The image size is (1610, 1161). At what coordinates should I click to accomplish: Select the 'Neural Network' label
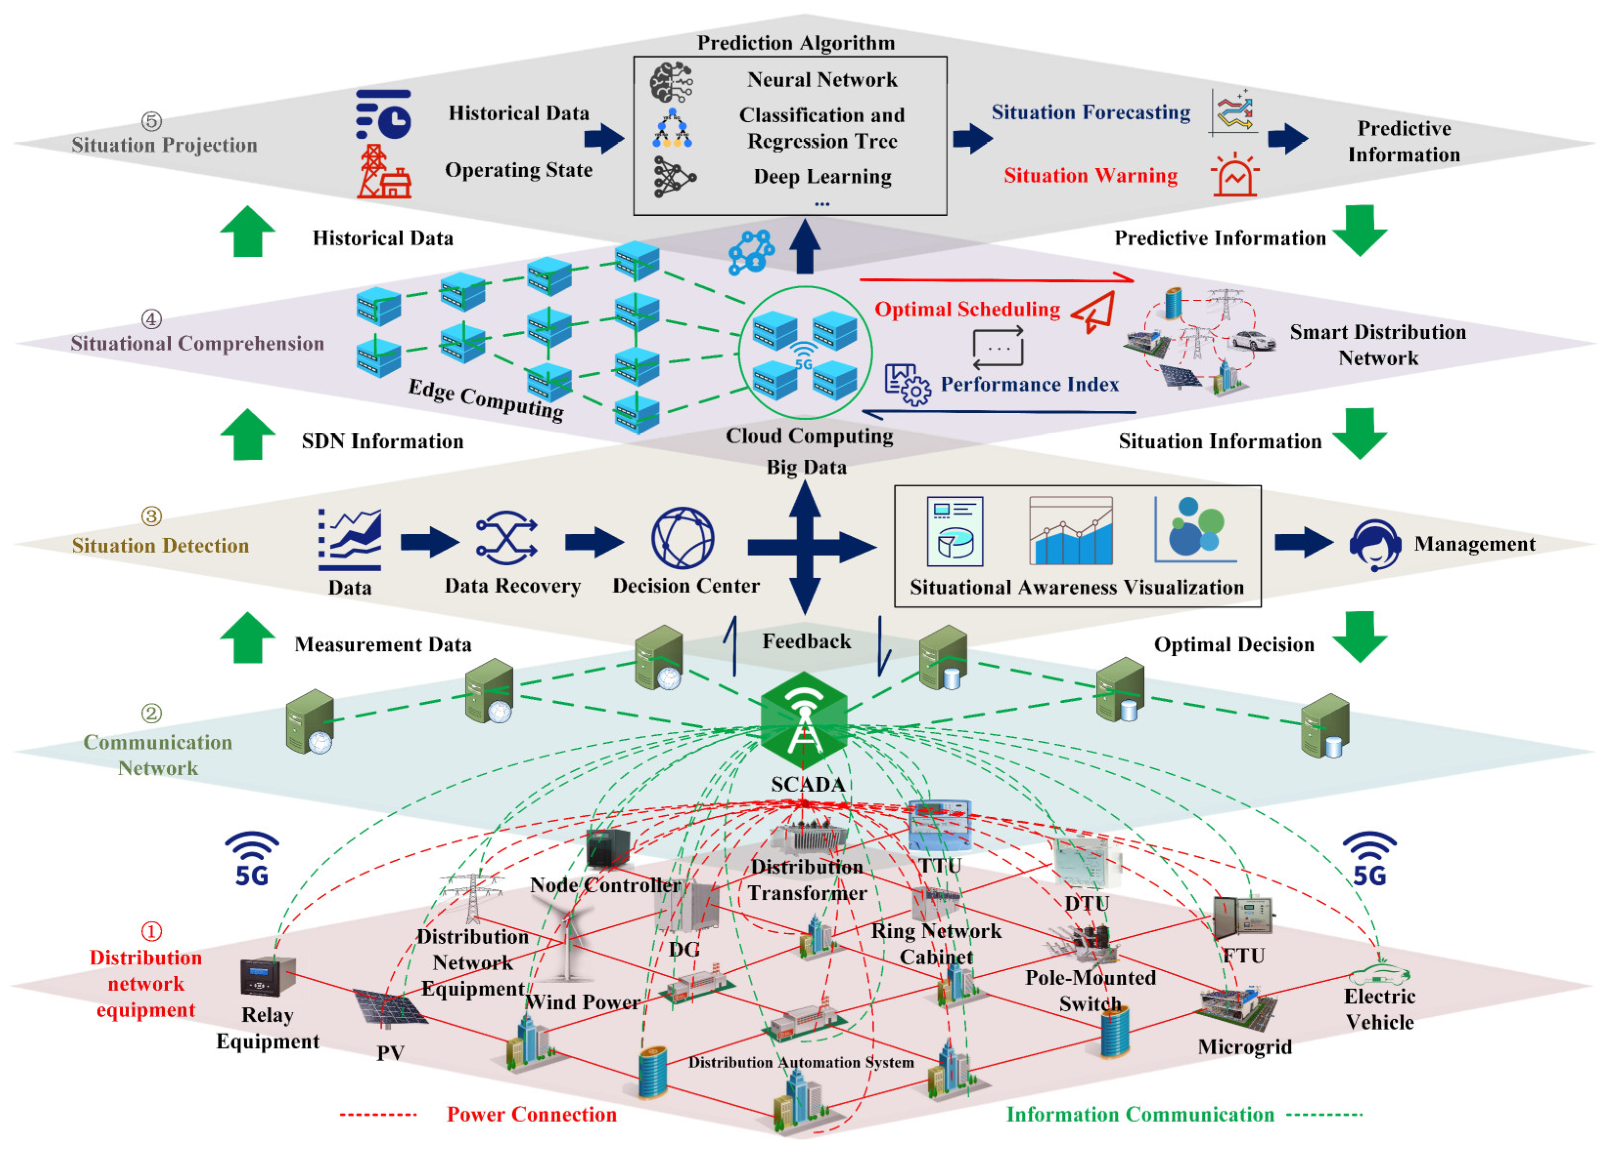pyautogui.click(x=822, y=80)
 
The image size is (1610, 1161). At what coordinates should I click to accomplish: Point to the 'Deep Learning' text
pyautogui.click(x=822, y=176)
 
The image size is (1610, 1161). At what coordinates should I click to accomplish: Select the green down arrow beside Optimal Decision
pyautogui.click(x=1360, y=637)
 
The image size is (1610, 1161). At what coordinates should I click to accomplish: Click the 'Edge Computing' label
pyautogui.click(x=486, y=400)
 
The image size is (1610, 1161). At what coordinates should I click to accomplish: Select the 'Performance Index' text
pyautogui.click(x=1029, y=384)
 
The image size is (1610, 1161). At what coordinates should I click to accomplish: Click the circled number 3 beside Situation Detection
pyautogui.click(x=151, y=516)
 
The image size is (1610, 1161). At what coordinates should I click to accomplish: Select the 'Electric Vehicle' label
pyautogui.click(x=1379, y=1009)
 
